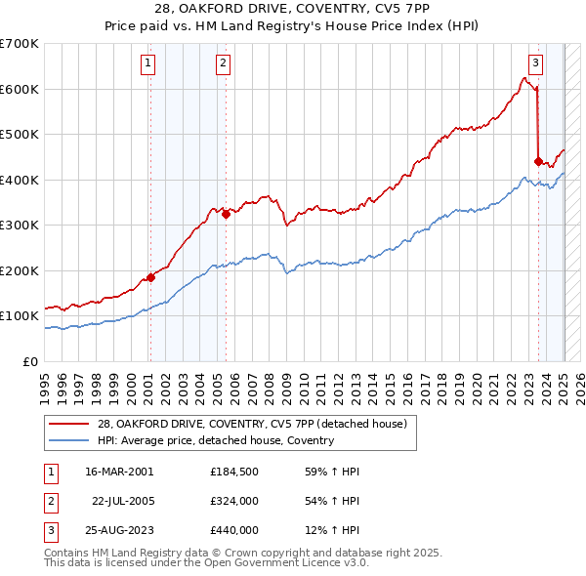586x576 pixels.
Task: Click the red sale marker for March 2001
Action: (x=150, y=277)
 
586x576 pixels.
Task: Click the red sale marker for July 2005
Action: (x=226, y=215)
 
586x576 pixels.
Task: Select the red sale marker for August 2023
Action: (x=538, y=162)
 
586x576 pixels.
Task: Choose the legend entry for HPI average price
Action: (x=216, y=440)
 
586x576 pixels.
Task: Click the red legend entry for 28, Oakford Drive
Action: (x=258, y=423)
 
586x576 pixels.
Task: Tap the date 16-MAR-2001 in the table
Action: (x=119, y=472)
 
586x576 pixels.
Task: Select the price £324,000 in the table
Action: (x=234, y=501)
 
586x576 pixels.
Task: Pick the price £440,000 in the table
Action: (x=234, y=530)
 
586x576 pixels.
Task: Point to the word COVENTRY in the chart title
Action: (x=328, y=11)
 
